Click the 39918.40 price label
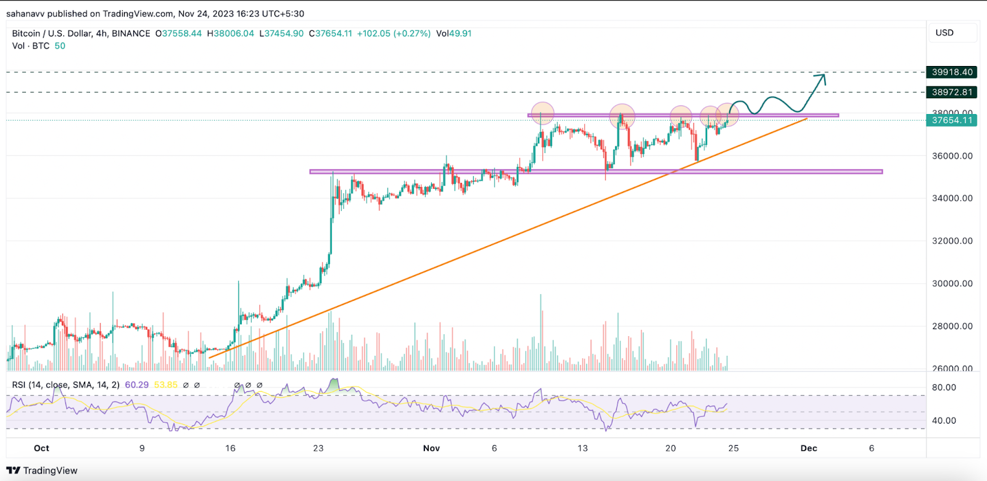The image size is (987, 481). [x=952, y=72]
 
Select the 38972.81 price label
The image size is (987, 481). [x=952, y=92]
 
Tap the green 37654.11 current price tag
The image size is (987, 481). [x=952, y=120]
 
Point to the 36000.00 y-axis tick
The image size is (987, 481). [x=952, y=156]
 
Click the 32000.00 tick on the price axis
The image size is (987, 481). [x=952, y=241]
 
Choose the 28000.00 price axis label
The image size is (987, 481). [x=952, y=326]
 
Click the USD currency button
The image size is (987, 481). [x=944, y=33]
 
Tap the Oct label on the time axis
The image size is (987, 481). [x=41, y=448]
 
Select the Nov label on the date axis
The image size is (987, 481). [x=431, y=448]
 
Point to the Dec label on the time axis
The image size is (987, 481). [x=809, y=448]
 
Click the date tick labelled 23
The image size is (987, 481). [x=318, y=448]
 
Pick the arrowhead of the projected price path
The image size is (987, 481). [x=822, y=76]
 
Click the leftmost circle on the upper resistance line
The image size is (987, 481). [x=542, y=113]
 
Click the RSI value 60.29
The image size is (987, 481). [x=136, y=385]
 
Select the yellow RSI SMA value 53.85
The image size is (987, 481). [x=165, y=385]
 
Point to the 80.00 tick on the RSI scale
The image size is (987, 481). [x=944, y=388]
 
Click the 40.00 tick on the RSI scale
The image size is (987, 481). [x=944, y=421]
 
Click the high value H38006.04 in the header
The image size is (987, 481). [x=231, y=33]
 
